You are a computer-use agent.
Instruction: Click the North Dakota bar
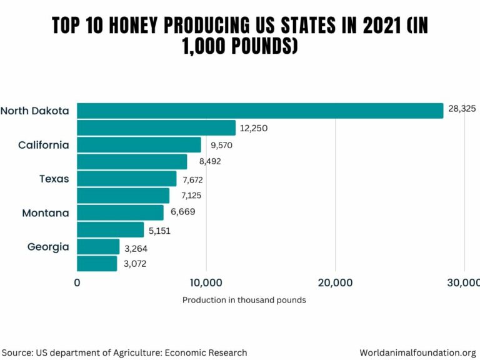[x=259, y=111]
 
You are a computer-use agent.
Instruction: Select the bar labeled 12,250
[x=156, y=127]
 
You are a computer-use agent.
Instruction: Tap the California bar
[x=139, y=145]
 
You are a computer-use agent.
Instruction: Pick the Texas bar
[x=127, y=179]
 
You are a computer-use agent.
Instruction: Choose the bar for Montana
[x=120, y=212]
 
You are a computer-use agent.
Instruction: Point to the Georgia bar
[x=98, y=246]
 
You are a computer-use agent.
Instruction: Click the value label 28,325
[x=462, y=108]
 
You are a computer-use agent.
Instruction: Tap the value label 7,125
[x=191, y=195]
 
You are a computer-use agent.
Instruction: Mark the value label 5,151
[x=159, y=231]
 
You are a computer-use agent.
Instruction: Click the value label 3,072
[x=136, y=264]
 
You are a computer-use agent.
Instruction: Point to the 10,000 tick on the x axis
[x=206, y=282]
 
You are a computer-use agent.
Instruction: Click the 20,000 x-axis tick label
[x=335, y=282]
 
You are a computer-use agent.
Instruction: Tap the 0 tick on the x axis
[x=77, y=282]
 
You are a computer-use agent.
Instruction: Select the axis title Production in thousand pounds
[x=244, y=300]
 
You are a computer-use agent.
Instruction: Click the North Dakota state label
[x=35, y=111]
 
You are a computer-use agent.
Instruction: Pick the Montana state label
[x=46, y=213]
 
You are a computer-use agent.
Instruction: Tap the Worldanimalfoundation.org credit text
[x=418, y=352]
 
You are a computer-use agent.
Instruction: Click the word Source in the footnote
[x=18, y=352]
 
